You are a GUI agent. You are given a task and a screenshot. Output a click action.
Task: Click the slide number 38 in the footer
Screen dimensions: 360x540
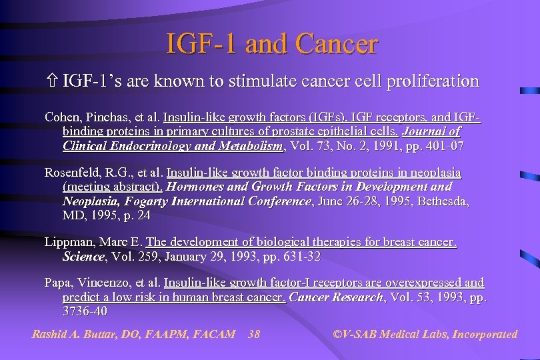(254, 334)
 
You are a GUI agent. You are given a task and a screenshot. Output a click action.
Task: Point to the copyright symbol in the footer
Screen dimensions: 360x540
(336, 334)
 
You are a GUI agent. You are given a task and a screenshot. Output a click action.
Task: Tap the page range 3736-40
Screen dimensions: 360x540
(84, 311)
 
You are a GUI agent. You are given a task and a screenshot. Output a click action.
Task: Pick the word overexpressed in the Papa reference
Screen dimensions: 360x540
(422, 283)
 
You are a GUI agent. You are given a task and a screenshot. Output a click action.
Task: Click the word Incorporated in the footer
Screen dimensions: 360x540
(485, 334)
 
